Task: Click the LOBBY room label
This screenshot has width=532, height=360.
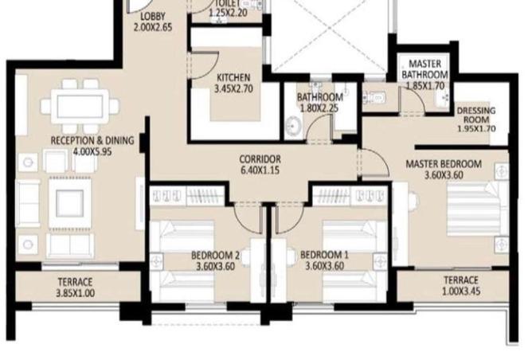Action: tap(153, 17)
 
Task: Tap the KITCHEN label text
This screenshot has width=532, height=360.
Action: tap(233, 77)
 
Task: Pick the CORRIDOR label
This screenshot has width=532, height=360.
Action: tap(260, 159)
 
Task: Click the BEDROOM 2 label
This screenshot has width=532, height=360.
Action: tap(216, 256)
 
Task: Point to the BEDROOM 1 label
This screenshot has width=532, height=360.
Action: tap(324, 256)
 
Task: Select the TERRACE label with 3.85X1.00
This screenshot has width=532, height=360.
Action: tap(76, 283)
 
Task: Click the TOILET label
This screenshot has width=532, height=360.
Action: tap(228, 2)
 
